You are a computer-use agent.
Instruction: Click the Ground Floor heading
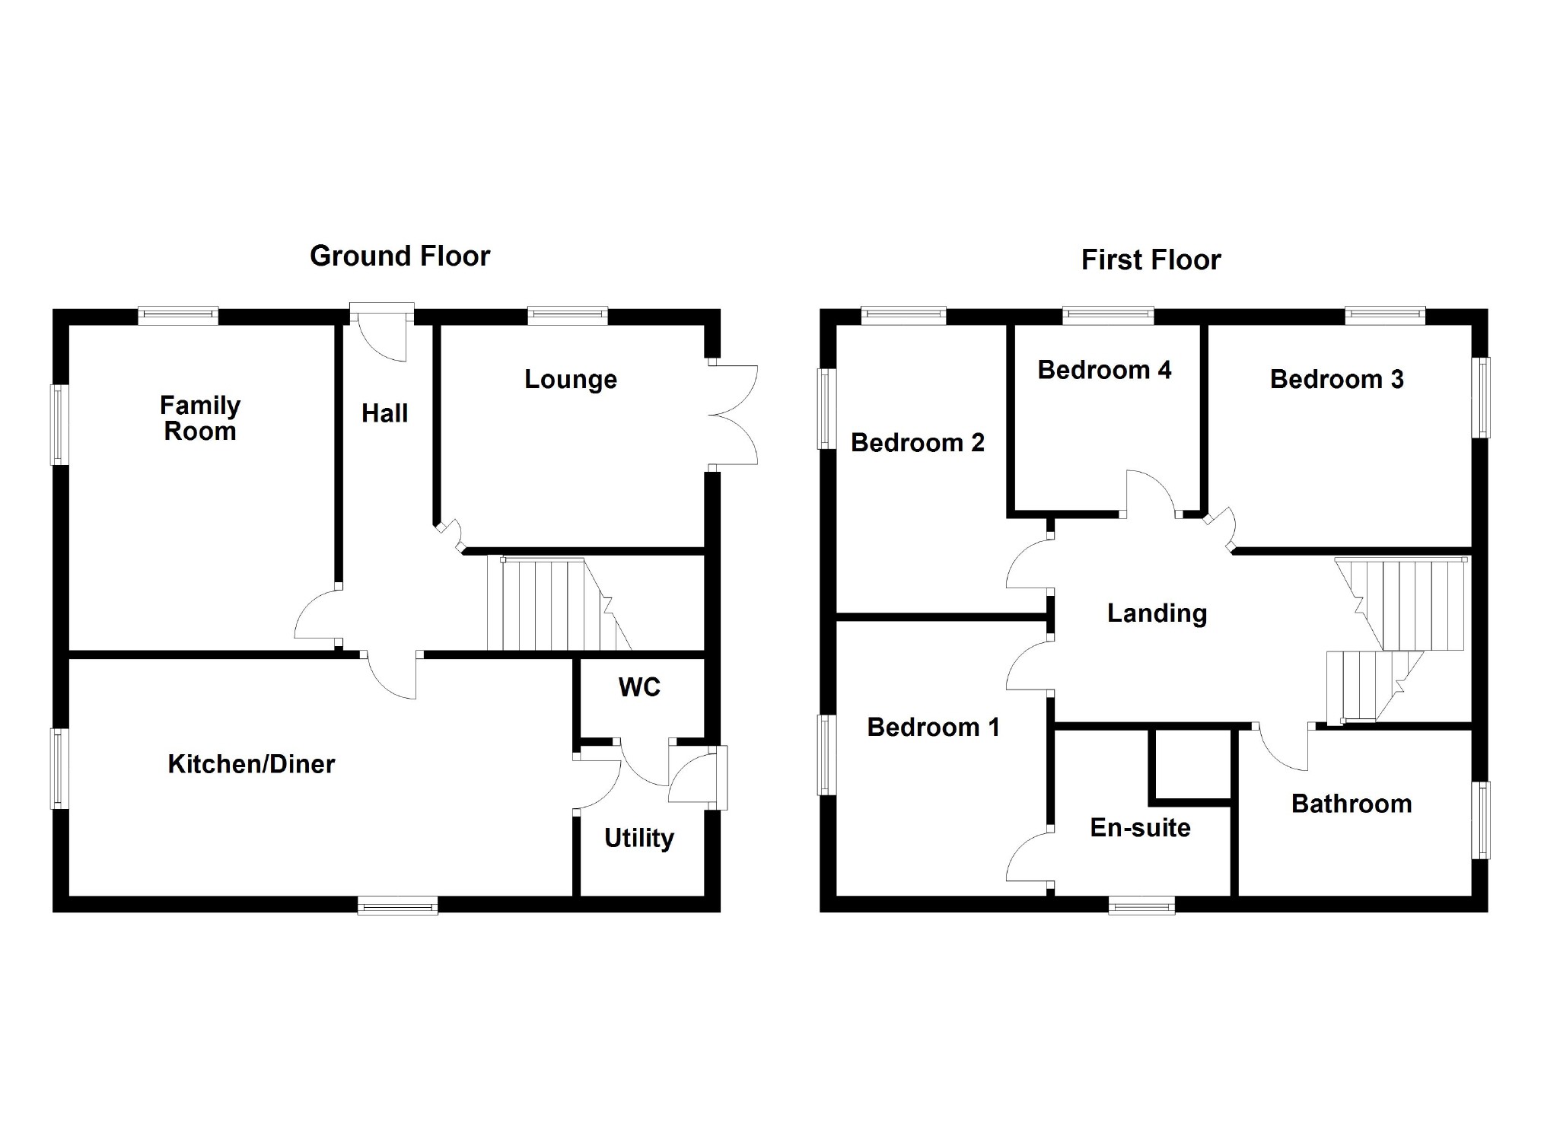tap(400, 256)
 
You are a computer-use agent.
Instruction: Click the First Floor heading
tap(1151, 260)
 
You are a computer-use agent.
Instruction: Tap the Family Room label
tap(200, 419)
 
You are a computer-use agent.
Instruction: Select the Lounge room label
tap(571, 379)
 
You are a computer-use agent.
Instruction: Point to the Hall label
tap(384, 413)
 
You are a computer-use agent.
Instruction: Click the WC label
tap(639, 687)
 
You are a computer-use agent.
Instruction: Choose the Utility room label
tap(639, 838)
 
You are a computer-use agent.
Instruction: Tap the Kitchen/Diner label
tap(251, 764)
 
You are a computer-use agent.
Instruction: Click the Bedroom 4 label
tap(1104, 370)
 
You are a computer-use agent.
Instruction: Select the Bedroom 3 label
tap(1336, 379)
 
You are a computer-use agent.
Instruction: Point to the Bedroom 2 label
tap(917, 442)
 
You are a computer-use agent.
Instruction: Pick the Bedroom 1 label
tap(933, 728)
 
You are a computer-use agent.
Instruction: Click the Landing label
tap(1157, 613)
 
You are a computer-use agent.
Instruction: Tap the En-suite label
tap(1140, 828)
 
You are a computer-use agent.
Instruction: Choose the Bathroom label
tap(1352, 804)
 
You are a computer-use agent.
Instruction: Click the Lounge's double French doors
tap(732, 415)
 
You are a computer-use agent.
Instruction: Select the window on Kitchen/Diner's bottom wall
tap(398, 905)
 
